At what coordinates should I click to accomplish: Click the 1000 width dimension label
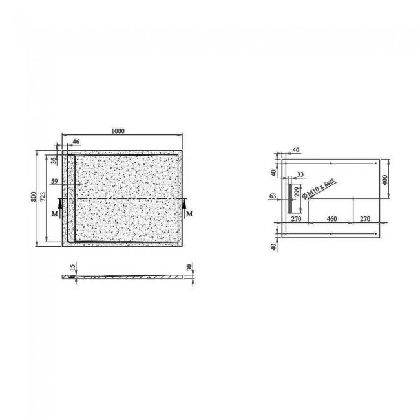117,131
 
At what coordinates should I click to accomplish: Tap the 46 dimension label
76,141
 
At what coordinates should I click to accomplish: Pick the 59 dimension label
54,182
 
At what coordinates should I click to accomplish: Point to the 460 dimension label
331,220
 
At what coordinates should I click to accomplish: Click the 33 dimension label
300,174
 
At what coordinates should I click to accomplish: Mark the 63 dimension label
273,195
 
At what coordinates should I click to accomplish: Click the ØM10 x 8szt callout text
320,189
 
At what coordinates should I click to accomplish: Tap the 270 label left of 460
296,220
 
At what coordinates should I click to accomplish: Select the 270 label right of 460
364,220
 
